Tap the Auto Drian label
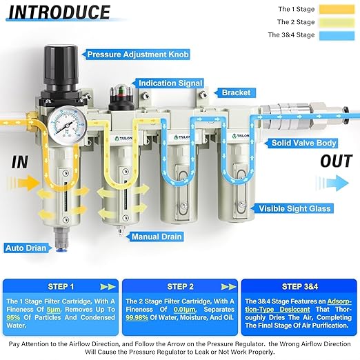click(26, 247)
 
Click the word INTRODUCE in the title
click(60, 12)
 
